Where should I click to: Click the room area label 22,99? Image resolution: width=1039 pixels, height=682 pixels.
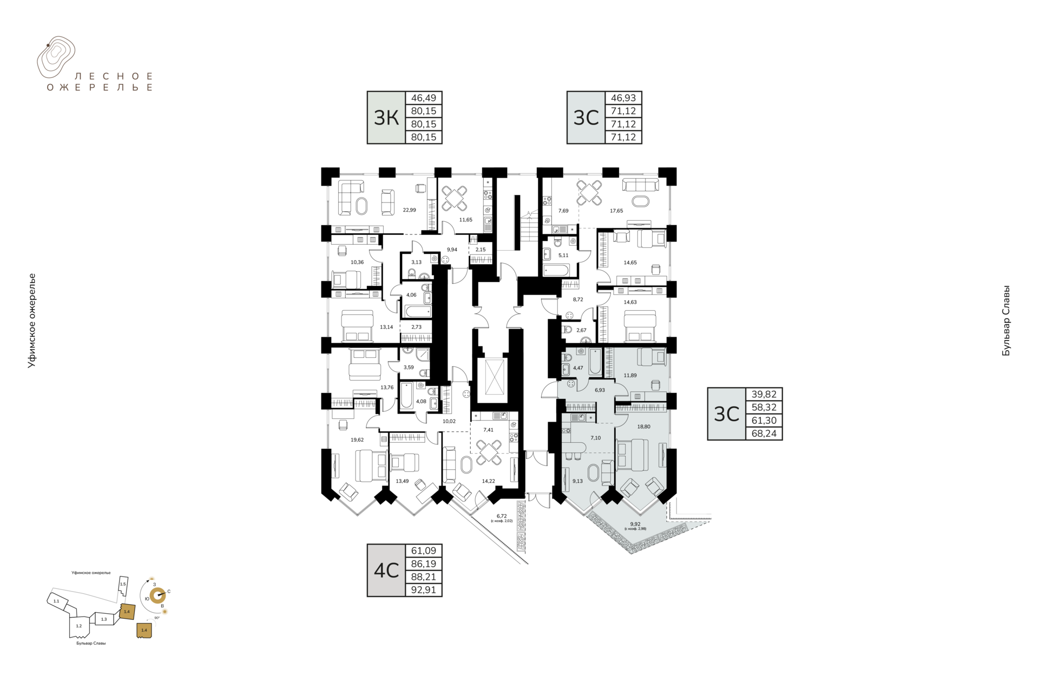(x=409, y=210)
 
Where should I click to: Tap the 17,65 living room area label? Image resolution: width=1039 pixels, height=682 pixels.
(x=616, y=211)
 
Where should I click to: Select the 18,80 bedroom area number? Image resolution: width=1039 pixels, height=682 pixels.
(x=643, y=427)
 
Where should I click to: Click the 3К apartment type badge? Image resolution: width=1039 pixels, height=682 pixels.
(x=386, y=117)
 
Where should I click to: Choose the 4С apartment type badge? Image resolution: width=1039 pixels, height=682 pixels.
(x=386, y=570)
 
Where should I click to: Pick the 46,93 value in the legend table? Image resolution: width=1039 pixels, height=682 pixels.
(x=623, y=98)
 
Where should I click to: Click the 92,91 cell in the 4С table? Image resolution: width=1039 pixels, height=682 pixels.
(x=424, y=590)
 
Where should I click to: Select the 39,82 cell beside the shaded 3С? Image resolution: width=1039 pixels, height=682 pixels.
(x=764, y=394)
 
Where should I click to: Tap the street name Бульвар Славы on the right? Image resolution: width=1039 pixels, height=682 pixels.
(x=1006, y=320)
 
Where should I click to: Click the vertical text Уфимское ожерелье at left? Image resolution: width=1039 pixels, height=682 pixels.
(x=32, y=320)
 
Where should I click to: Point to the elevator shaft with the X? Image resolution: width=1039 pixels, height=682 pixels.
(x=493, y=377)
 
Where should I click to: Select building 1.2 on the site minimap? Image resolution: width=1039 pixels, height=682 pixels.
(x=79, y=626)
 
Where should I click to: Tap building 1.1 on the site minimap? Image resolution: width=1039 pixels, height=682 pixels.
(x=56, y=601)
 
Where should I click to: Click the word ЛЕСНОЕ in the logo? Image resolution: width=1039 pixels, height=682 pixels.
(x=114, y=76)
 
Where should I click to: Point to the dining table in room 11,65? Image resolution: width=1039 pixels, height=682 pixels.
(x=455, y=198)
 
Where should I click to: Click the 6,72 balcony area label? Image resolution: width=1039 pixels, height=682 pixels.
(x=502, y=516)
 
